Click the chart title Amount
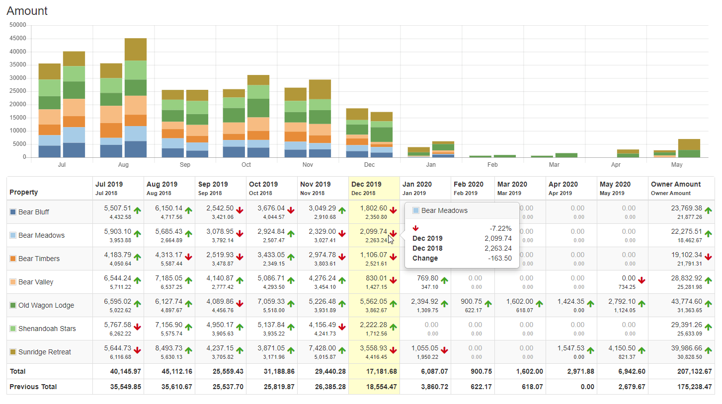(x=27, y=10)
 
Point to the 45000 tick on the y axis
(x=18, y=38)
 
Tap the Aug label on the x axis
(x=123, y=164)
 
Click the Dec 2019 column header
(x=366, y=184)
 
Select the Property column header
(x=24, y=192)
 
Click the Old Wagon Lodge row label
(x=46, y=305)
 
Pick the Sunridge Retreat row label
(x=45, y=352)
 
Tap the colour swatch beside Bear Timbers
(x=13, y=259)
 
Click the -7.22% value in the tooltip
(x=501, y=228)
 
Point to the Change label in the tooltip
(x=425, y=258)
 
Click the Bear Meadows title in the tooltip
(x=444, y=210)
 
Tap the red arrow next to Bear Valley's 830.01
(x=393, y=280)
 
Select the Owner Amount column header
(x=676, y=184)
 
